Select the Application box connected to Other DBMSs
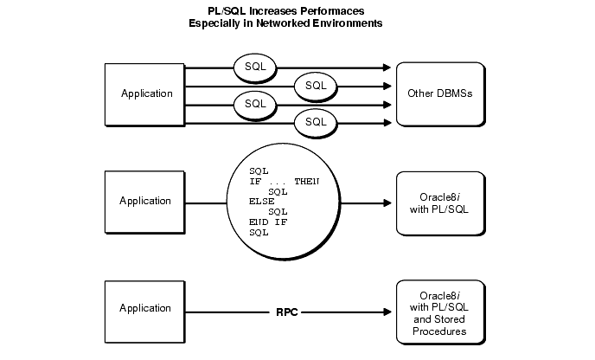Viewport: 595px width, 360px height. (146, 93)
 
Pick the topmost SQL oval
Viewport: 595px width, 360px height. (254, 66)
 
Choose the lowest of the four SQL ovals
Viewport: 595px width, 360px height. (317, 123)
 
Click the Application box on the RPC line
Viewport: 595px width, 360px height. (146, 308)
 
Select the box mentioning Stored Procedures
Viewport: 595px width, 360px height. (438, 308)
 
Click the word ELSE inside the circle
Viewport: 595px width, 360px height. (261, 201)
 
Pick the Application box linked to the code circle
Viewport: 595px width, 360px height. (146, 201)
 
